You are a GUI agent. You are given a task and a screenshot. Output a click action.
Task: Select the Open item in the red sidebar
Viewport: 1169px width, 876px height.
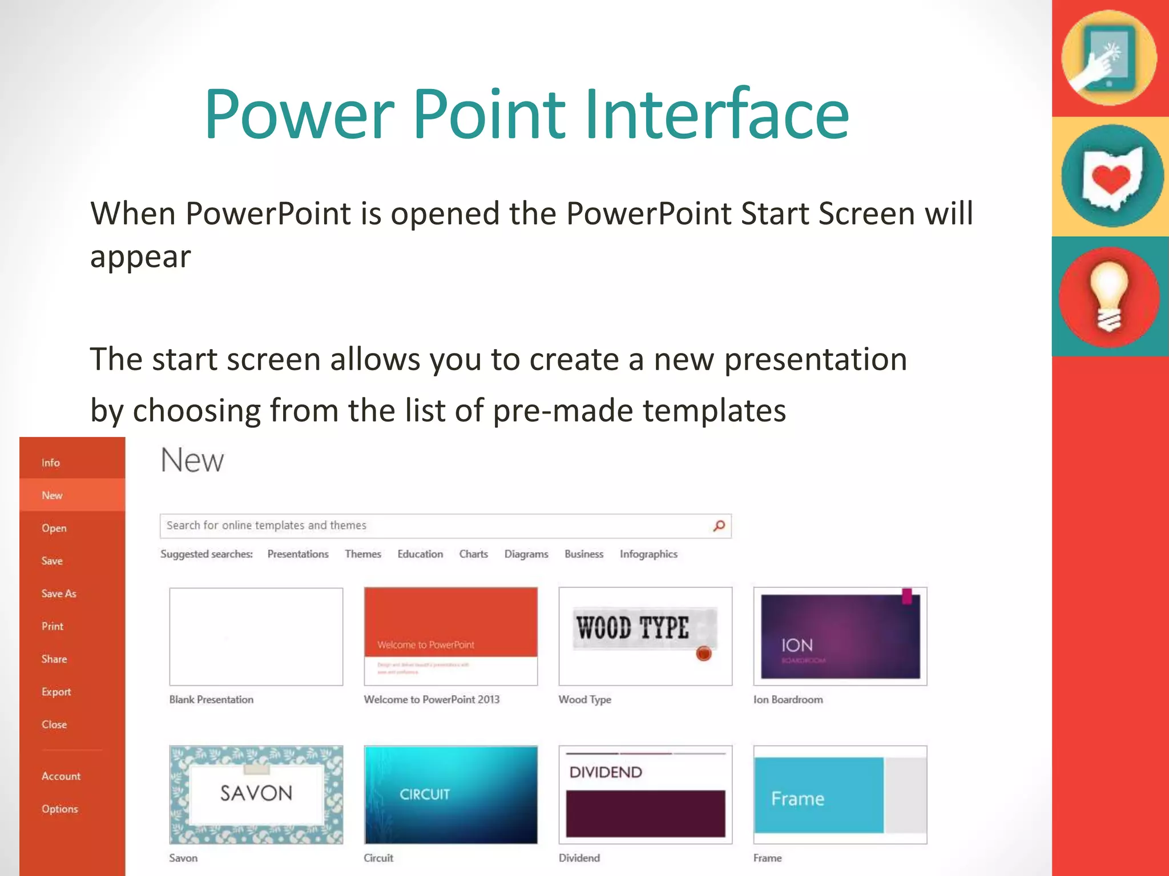tap(54, 528)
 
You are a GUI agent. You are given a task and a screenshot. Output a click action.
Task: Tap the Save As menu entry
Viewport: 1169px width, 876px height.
tap(59, 594)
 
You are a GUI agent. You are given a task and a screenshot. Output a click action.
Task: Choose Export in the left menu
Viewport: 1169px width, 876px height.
tap(56, 692)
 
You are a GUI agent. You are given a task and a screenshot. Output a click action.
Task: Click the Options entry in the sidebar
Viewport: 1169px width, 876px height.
tap(59, 809)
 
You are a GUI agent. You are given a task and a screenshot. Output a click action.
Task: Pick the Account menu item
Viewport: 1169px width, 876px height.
tap(61, 776)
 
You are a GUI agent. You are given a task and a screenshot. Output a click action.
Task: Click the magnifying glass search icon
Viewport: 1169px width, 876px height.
tap(719, 525)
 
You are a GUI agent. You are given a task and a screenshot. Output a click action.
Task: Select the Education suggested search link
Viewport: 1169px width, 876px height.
tap(420, 554)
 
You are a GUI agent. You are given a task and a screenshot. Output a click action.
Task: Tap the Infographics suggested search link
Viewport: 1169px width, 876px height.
tap(648, 554)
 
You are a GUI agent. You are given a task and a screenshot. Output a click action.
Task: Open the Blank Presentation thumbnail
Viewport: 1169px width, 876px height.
tap(256, 636)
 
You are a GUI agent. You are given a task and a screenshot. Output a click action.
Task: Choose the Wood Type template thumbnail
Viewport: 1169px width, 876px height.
tap(645, 636)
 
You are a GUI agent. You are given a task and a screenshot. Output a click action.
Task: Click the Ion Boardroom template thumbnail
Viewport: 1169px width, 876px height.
tap(840, 636)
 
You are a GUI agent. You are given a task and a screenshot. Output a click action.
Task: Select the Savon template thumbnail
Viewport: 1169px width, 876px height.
tap(256, 794)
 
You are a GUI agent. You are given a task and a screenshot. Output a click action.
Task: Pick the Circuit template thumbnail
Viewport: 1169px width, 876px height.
tap(450, 794)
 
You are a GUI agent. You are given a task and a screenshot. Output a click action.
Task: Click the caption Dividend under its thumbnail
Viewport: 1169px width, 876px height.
tap(579, 858)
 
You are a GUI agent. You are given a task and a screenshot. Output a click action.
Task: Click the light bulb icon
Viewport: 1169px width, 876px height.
tap(1109, 297)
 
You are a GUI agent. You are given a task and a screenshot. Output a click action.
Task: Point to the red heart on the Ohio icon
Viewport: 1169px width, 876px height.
tap(1110, 179)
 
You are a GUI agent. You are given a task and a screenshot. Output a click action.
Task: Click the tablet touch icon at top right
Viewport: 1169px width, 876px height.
tap(1108, 58)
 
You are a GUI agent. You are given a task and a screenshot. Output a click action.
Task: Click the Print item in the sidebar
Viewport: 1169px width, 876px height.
tap(53, 626)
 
